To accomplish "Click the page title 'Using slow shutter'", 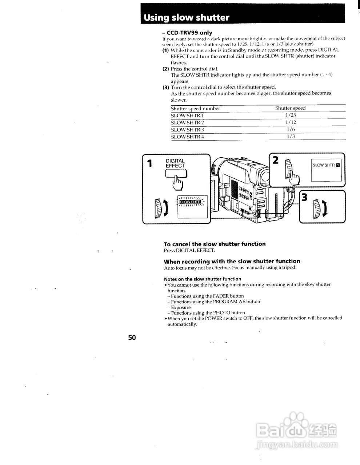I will click(x=187, y=18).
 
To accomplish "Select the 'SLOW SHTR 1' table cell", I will click(x=187, y=116).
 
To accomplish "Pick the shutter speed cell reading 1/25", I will click(x=291, y=116).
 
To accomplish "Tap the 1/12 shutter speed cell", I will click(x=291, y=122).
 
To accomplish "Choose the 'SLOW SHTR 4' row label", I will click(x=187, y=137).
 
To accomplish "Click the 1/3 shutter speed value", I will click(x=291, y=137).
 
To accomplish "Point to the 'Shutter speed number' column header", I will click(x=195, y=108).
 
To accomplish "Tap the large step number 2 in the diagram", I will click(x=276, y=160).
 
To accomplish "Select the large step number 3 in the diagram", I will click(x=305, y=197).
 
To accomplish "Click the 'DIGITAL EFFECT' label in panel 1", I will click(x=175, y=163).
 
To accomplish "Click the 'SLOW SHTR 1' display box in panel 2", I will click(x=326, y=166).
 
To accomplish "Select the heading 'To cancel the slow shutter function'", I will click(x=215, y=244).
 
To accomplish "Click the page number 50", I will click(x=132, y=337).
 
